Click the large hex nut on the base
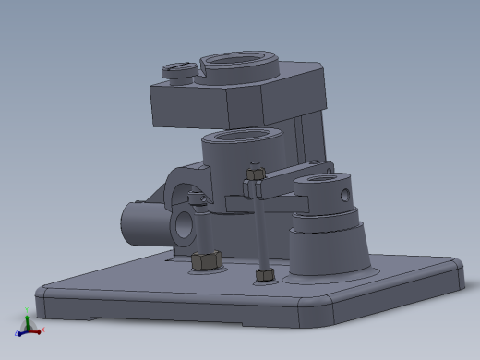(x=205, y=261)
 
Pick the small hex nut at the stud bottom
(x=266, y=275)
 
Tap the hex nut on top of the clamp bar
(x=256, y=172)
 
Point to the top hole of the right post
(x=319, y=181)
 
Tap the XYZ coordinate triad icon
(x=28, y=325)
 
